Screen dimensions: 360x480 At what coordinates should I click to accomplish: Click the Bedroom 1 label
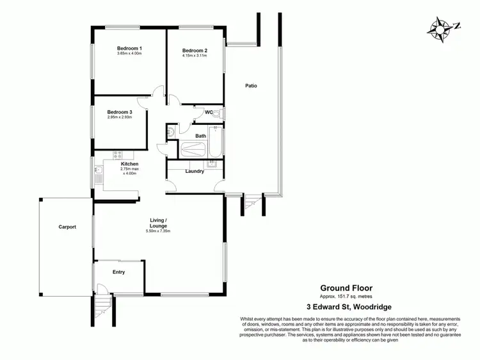pos(129,49)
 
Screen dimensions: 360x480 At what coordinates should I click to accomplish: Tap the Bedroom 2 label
pos(195,51)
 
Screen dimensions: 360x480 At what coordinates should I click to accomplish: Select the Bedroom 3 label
pos(120,111)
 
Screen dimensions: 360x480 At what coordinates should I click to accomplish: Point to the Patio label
pos(251,85)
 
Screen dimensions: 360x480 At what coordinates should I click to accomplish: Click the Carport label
pos(67,227)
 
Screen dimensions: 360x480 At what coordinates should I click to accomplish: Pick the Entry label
pos(118,272)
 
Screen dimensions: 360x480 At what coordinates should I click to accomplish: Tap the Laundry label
pos(195,171)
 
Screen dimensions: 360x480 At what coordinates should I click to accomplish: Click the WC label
pos(209,113)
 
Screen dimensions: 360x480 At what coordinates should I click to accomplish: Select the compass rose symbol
pos(440,27)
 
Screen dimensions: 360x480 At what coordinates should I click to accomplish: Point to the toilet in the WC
pos(216,114)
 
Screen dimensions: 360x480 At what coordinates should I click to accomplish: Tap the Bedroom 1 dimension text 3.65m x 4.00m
pos(129,54)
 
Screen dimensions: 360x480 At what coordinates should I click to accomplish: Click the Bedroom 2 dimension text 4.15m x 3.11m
pos(195,56)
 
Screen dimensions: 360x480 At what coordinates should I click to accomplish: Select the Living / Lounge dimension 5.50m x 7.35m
pos(158,231)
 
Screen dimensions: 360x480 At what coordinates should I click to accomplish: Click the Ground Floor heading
pos(346,288)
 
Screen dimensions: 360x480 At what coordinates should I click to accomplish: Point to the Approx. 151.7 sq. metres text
pos(346,297)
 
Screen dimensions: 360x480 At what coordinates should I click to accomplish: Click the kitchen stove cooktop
pos(118,154)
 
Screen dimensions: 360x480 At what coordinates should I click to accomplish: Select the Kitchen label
pos(130,164)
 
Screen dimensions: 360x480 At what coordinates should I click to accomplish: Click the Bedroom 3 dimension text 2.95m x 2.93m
pos(120,117)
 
